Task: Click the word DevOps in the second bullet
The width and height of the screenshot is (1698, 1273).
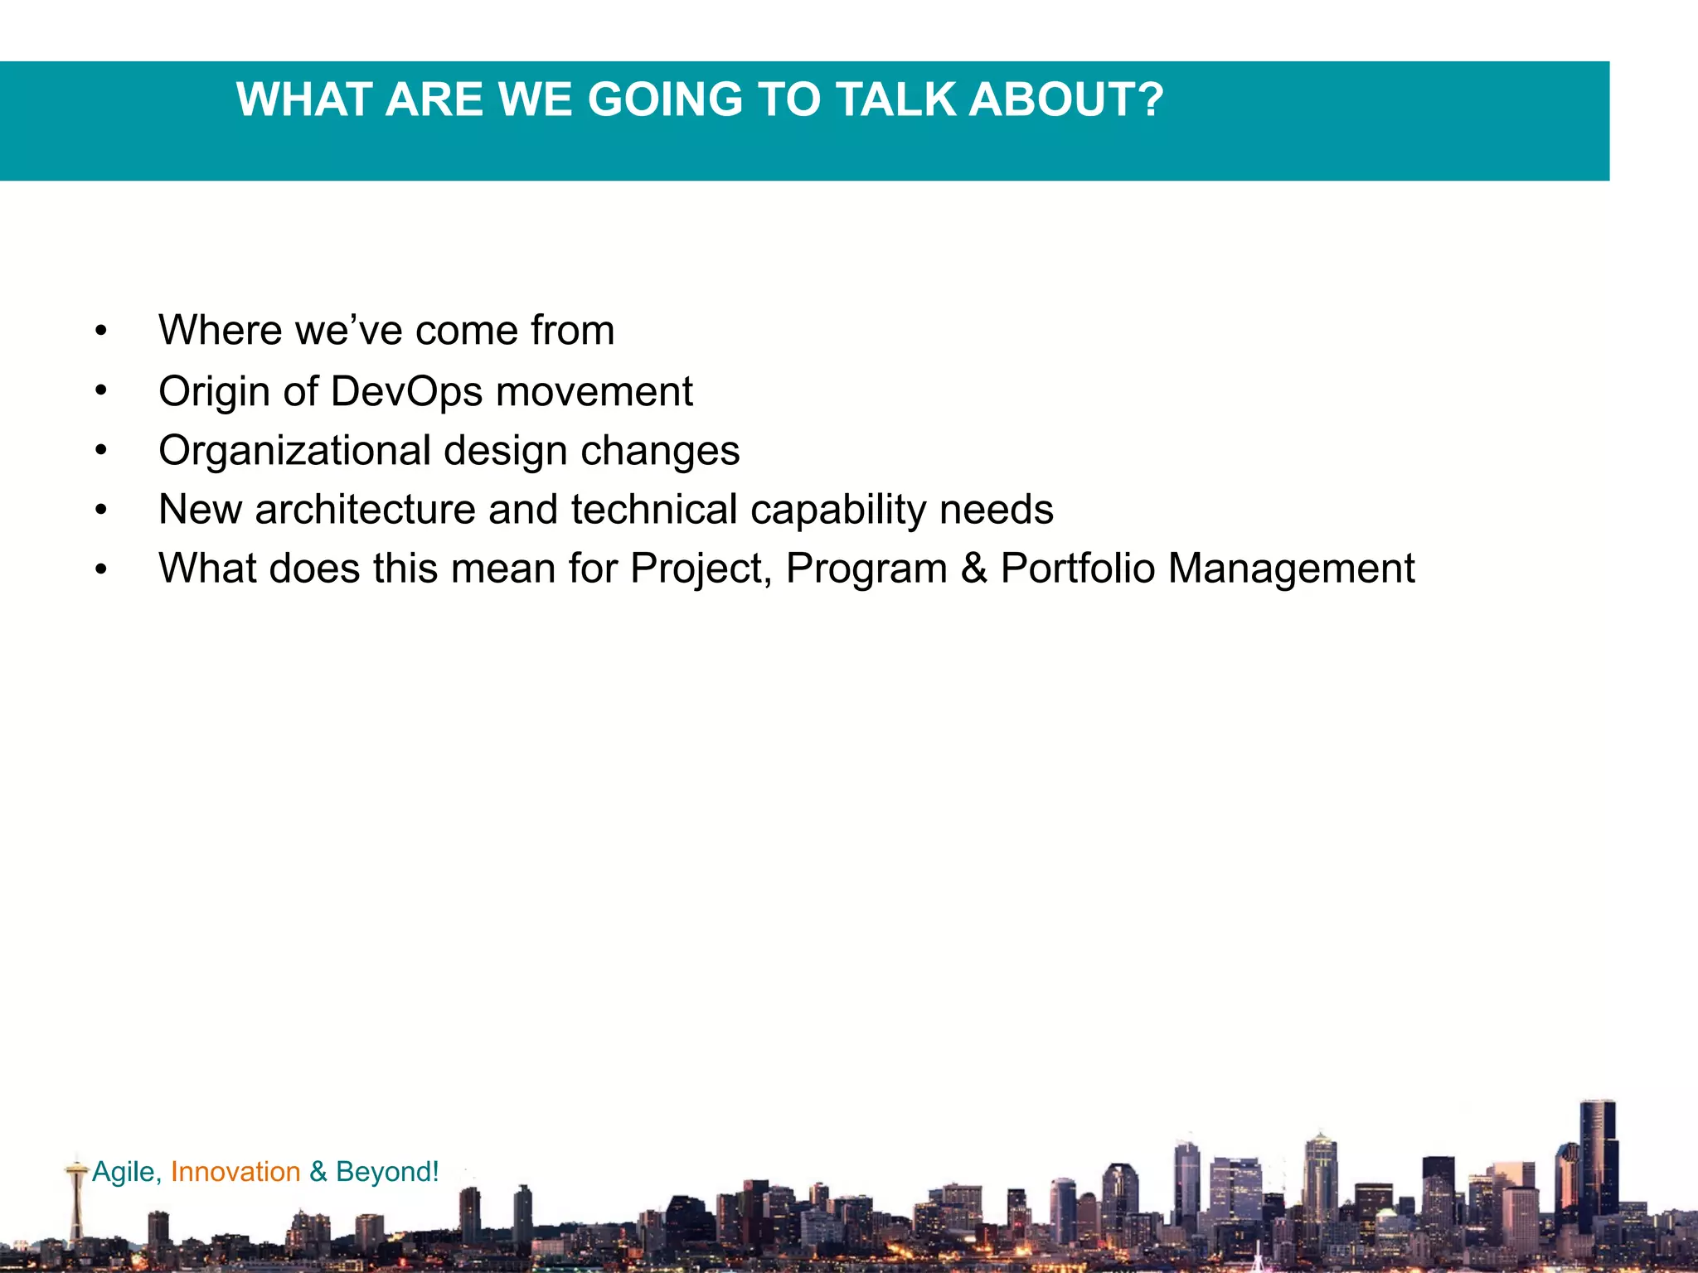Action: click(x=406, y=391)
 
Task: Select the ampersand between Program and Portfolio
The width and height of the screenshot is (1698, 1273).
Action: click(x=974, y=569)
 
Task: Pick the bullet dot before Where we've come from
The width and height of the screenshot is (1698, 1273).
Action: click(x=101, y=332)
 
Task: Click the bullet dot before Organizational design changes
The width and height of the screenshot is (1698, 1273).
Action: click(x=101, y=452)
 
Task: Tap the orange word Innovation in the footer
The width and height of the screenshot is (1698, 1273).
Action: click(x=235, y=1172)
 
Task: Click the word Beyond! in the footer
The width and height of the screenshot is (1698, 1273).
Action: click(x=387, y=1172)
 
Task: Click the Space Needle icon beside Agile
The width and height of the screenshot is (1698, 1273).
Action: click(x=76, y=1193)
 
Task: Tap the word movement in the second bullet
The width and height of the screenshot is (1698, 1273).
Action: click(x=594, y=391)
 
